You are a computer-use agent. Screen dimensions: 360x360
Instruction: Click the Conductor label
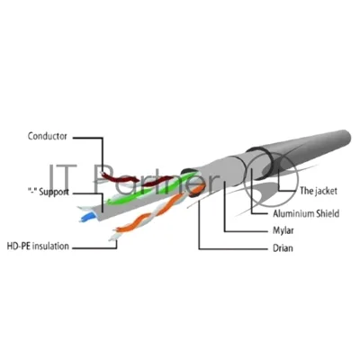(x=48, y=136)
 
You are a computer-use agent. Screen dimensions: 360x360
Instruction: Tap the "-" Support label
(x=48, y=192)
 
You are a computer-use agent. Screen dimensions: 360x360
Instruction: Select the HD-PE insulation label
(x=38, y=247)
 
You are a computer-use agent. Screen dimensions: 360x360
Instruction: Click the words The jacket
(x=319, y=191)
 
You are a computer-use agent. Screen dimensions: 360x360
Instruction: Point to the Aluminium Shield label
(x=306, y=213)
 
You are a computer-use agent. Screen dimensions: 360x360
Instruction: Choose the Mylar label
(x=283, y=230)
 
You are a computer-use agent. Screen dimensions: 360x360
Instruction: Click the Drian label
(x=283, y=248)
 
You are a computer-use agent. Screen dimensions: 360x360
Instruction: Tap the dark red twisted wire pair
(x=135, y=179)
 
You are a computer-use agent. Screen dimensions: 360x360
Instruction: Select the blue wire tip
(x=85, y=217)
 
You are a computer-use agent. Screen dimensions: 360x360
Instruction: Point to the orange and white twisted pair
(x=156, y=211)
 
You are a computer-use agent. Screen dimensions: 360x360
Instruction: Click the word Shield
(x=328, y=213)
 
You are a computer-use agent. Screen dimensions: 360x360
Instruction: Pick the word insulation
(x=50, y=247)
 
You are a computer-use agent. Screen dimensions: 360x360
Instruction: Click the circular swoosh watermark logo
(x=270, y=183)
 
